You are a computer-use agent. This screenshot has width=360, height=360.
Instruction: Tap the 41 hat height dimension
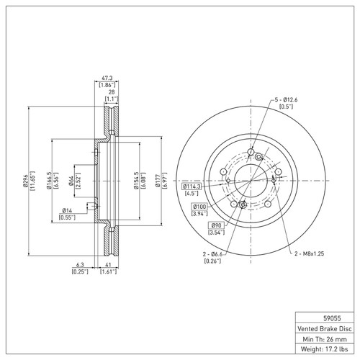pyautogui.click(x=109, y=264)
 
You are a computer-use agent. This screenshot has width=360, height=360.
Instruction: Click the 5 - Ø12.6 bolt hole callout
pyautogui.click(x=290, y=99)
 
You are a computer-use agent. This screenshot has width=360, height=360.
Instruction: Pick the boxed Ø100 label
pyautogui.click(x=199, y=207)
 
